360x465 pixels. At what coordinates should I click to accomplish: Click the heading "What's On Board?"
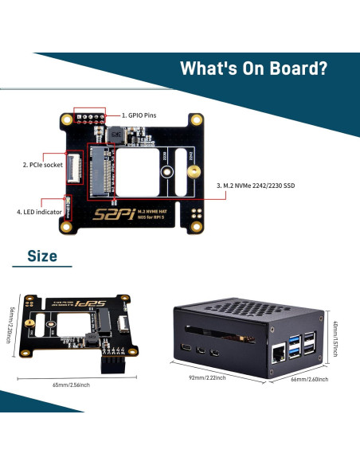253,68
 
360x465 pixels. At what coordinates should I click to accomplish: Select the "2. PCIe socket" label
41,166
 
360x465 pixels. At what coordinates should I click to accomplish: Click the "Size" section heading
42,256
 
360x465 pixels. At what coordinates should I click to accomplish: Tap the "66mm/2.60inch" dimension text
307,380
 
